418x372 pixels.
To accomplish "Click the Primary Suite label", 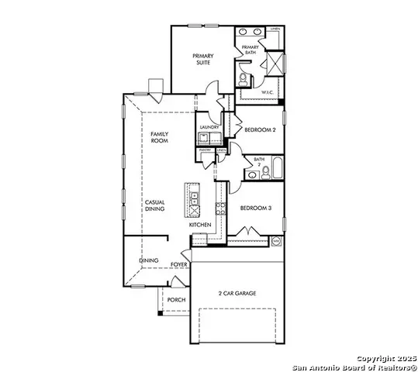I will [x=203, y=60].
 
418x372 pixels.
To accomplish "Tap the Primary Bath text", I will [x=250, y=50].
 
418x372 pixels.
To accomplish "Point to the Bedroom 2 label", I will [x=260, y=130].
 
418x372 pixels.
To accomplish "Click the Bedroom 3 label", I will [x=254, y=208].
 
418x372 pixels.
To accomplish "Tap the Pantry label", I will [x=205, y=150].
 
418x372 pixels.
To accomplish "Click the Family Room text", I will [x=159, y=138].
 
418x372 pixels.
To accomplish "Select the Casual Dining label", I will [x=154, y=205].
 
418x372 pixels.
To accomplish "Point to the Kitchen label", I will [x=200, y=225].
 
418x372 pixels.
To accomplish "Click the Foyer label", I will [x=178, y=264].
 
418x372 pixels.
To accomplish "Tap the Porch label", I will [x=177, y=300].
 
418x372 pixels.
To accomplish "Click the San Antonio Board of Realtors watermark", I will [x=353, y=365].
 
